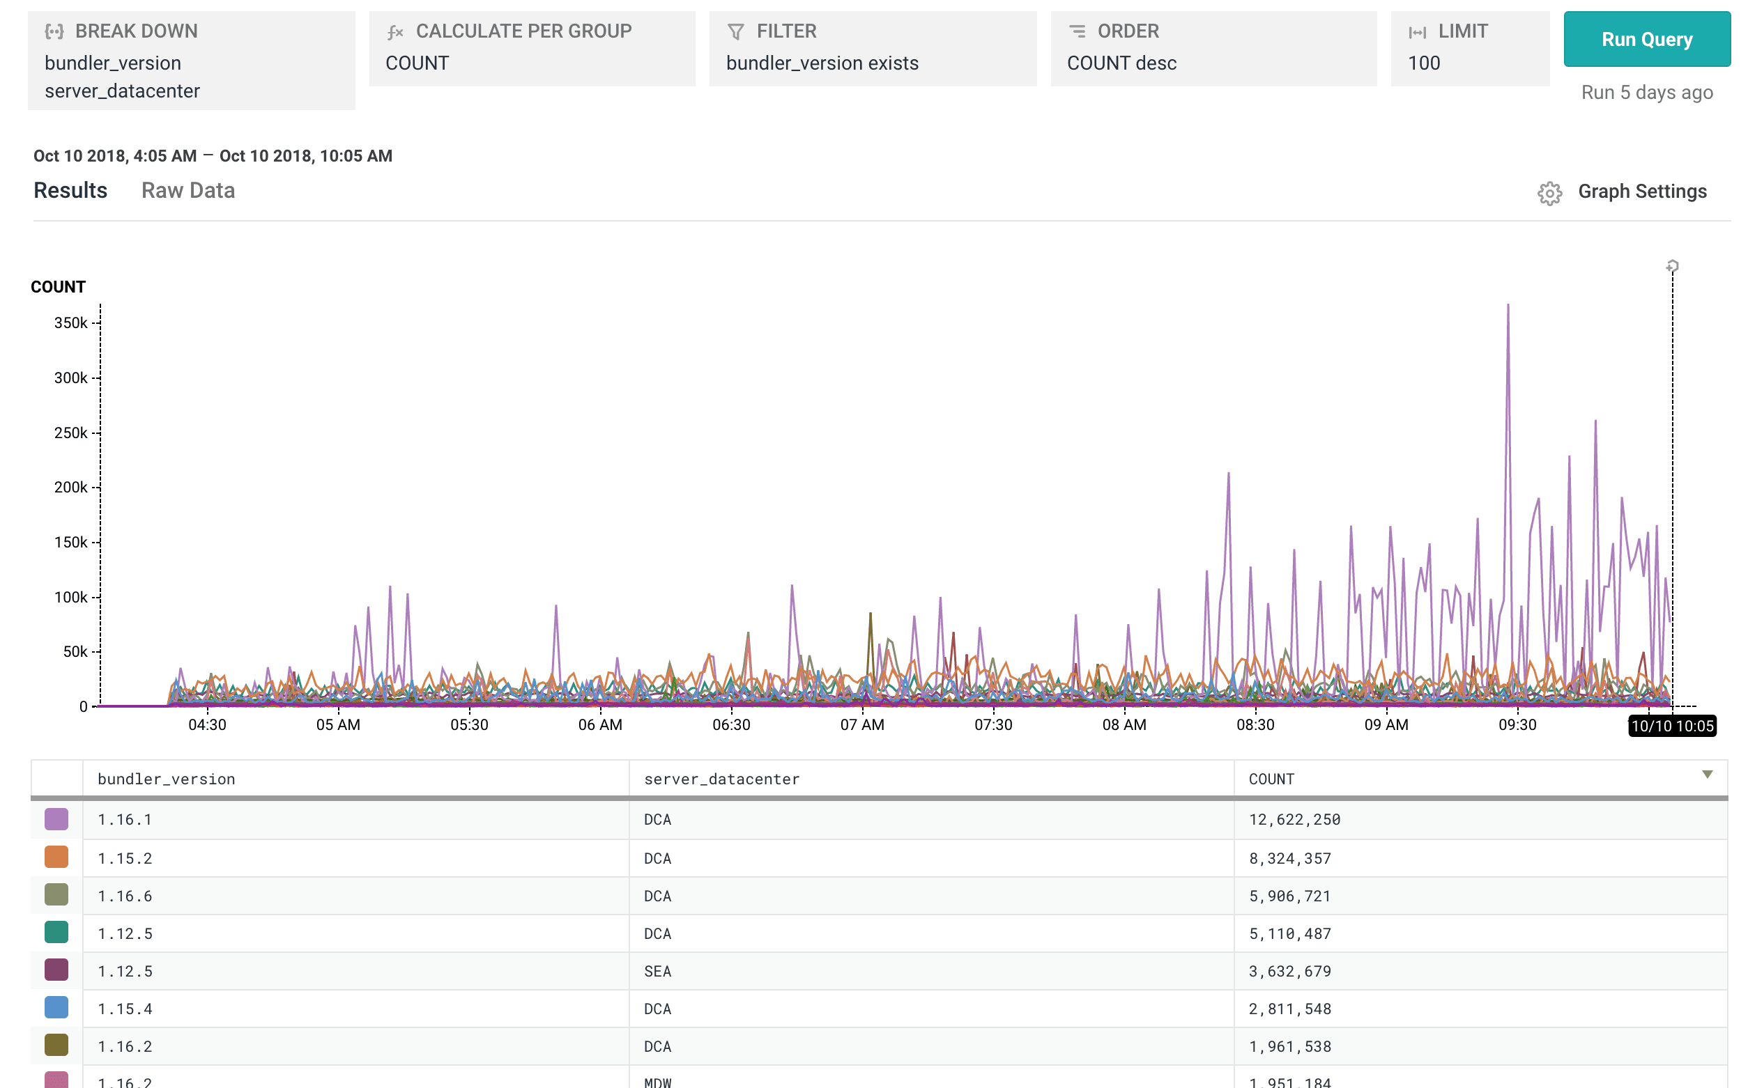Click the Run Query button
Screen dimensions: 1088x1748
click(1646, 40)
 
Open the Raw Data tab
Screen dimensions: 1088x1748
click(188, 191)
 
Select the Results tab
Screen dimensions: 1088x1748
click(70, 191)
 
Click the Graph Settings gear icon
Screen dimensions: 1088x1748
click(1549, 193)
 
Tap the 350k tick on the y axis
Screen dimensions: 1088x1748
click(70, 323)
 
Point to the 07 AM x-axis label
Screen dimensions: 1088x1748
click(861, 724)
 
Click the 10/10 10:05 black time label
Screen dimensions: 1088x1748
click(1672, 725)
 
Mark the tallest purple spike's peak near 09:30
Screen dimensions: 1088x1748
click(1508, 306)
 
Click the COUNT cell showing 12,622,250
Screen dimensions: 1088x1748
click(1294, 820)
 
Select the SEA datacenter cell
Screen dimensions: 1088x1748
click(657, 972)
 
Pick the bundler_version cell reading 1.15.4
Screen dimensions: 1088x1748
click(125, 1009)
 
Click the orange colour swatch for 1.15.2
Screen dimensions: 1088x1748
click(56, 857)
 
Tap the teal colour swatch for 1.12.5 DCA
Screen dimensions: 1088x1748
click(56, 933)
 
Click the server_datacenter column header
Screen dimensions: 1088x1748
click(721, 779)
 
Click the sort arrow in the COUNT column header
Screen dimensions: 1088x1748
click(1707, 775)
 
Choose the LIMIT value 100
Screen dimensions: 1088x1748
click(1423, 63)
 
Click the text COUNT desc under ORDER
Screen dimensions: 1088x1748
click(1121, 63)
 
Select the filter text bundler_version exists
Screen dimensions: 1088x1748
click(822, 63)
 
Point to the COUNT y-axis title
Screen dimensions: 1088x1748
click(59, 287)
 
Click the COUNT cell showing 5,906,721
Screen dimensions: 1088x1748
click(1289, 896)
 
